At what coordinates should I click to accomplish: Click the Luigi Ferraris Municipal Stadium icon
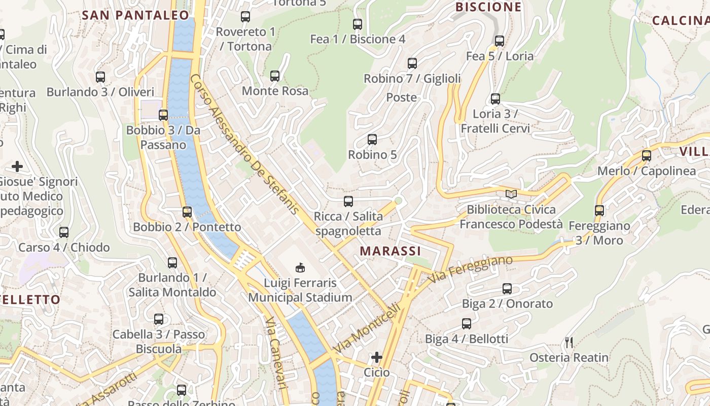[x=300, y=267]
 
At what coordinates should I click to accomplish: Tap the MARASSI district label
[x=390, y=251]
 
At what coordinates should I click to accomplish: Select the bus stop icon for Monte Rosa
[x=275, y=76]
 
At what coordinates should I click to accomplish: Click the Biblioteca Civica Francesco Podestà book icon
[x=511, y=194]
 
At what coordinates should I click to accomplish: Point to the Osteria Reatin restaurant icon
[x=569, y=343]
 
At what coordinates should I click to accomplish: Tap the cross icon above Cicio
[x=377, y=357]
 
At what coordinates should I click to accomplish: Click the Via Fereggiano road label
[x=470, y=269]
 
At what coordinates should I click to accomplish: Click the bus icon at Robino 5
[x=372, y=140]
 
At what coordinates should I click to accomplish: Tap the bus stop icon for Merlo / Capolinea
[x=647, y=156]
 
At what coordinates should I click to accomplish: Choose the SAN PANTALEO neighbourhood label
[x=135, y=15]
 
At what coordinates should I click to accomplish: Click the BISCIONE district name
[x=488, y=7]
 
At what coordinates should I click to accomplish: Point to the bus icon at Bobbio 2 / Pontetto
[x=187, y=212]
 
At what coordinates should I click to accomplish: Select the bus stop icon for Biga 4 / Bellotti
[x=467, y=324]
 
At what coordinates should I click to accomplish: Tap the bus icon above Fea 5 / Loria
[x=500, y=41]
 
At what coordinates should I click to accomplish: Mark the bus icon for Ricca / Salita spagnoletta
[x=348, y=201]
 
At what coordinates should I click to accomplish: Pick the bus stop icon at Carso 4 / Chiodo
[x=64, y=232]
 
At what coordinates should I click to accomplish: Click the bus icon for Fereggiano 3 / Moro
[x=599, y=211]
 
